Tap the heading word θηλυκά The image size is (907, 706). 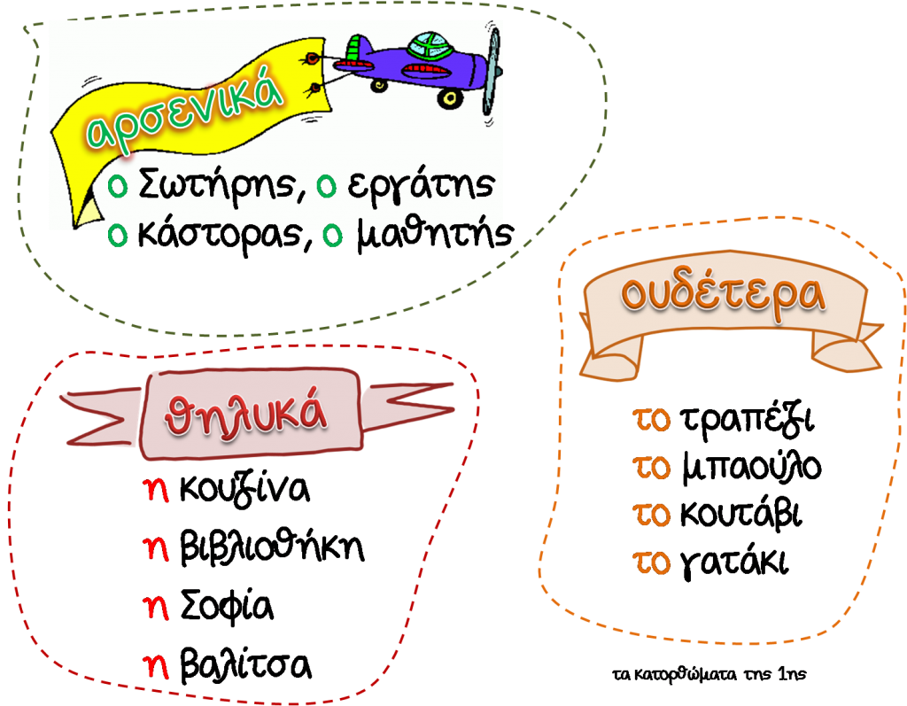(246, 415)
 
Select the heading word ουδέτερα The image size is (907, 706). (723, 295)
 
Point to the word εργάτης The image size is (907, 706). (421, 185)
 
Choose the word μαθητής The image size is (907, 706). (434, 234)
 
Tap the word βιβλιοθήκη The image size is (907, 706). (272, 546)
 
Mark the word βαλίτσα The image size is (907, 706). (245, 663)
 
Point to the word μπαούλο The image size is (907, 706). (751, 467)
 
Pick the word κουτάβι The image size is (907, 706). (741, 513)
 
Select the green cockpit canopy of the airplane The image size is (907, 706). (430, 45)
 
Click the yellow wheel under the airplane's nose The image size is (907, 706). (450, 98)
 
